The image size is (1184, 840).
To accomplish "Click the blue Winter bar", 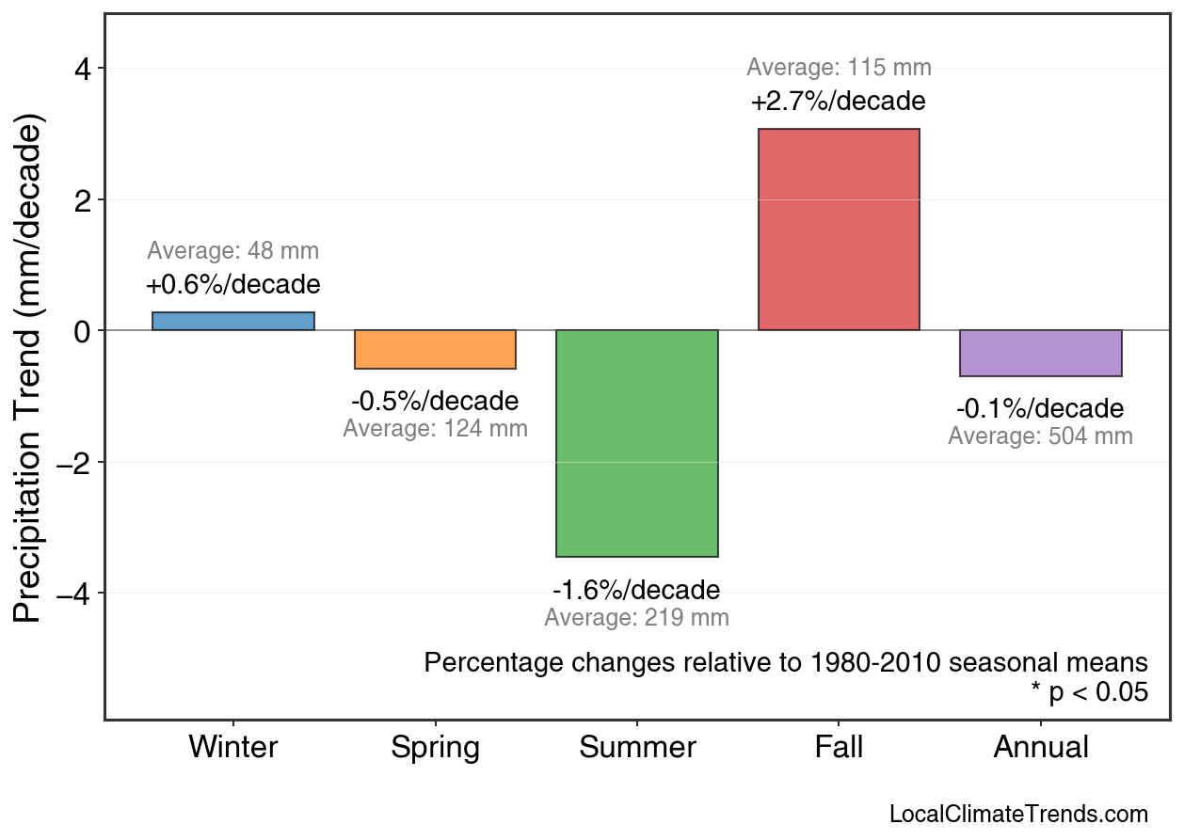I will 233,321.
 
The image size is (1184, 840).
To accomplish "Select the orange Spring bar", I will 435,349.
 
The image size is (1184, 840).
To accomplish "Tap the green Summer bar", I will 637,443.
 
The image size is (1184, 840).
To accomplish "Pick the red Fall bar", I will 839,230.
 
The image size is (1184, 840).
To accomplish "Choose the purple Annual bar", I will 1040,353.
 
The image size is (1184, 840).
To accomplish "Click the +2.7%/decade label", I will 839,101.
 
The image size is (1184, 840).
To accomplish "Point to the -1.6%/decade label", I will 636,591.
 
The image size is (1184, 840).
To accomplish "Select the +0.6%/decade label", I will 233,284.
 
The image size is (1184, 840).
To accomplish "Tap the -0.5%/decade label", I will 435,402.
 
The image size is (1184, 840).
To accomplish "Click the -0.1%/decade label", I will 1040,409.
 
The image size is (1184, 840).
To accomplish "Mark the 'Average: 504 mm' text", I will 1040,436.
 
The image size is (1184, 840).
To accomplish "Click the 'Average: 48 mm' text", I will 233,251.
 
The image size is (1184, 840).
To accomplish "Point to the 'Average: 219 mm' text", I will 636,618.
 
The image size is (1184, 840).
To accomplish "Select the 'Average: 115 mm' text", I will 839,68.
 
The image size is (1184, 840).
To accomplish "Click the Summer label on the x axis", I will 637,748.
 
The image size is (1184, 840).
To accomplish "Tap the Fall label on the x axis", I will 839,748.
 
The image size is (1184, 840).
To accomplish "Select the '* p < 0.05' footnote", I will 1089,692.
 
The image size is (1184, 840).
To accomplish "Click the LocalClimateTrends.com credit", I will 1018,814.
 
